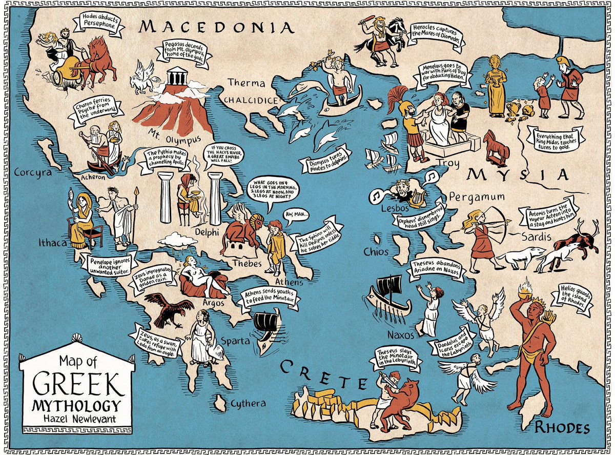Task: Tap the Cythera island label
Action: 247,403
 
